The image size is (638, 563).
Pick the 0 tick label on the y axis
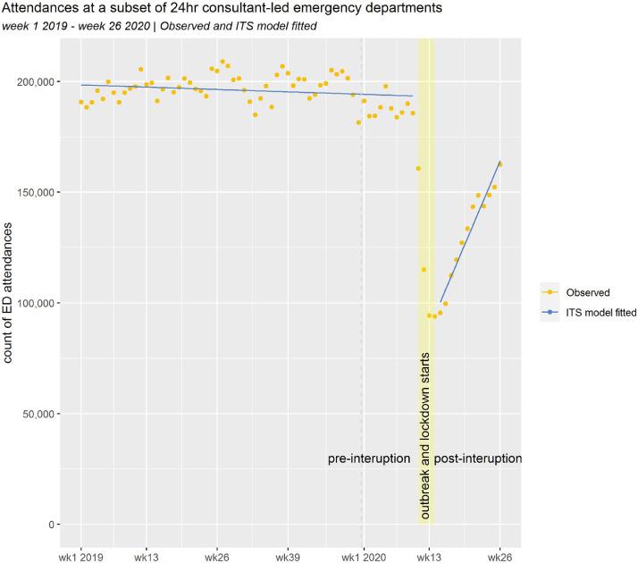click(x=53, y=525)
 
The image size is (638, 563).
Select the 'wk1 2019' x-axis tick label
click(x=81, y=555)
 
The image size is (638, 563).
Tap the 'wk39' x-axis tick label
click(x=288, y=555)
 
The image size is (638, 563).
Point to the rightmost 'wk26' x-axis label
click(x=499, y=555)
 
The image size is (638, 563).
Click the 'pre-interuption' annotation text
click(x=369, y=458)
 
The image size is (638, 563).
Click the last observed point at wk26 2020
click(x=499, y=164)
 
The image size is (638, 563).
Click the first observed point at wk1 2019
click(x=81, y=103)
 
